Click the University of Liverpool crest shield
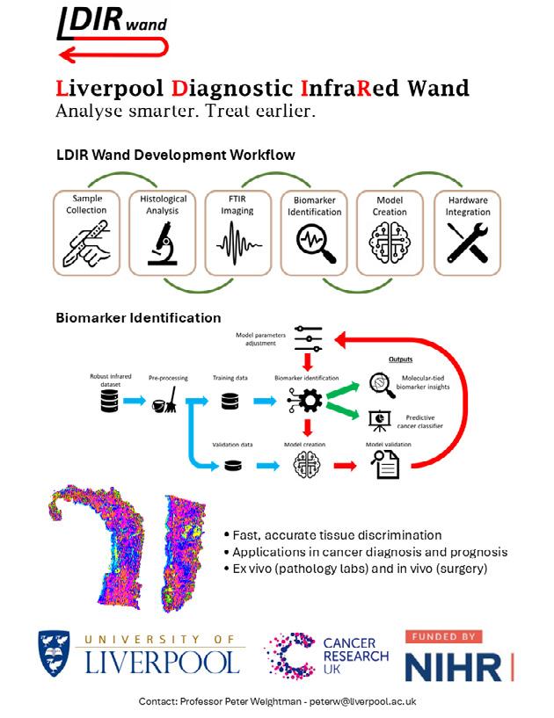click(x=54, y=655)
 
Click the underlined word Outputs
click(x=401, y=359)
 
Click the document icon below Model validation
click(x=388, y=466)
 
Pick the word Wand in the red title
click(x=430, y=88)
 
